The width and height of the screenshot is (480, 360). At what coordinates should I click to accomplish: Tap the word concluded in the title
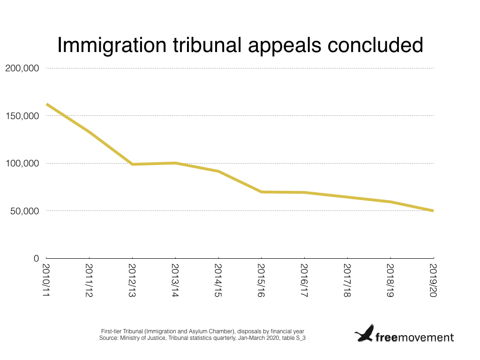[375, 45]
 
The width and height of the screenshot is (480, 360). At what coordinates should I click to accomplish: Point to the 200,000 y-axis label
[22, 68]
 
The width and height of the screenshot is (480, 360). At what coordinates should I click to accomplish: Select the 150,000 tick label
[22, 116]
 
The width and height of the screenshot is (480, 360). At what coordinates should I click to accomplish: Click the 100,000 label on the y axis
[22, 164]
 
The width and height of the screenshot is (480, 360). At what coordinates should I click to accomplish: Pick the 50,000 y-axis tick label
[24, 211]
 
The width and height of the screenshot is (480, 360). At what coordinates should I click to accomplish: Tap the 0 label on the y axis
[36, 259]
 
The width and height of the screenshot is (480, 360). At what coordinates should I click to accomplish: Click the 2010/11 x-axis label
[46, 280]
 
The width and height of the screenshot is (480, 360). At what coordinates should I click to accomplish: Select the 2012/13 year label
[132, 280]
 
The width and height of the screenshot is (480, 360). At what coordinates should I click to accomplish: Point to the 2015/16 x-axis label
[261, 280]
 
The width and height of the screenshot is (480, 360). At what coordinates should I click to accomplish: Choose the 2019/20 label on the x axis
[433, 280]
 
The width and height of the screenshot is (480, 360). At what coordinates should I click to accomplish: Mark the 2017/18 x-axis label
[347, 280]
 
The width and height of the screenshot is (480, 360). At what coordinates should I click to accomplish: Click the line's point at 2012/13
[132, 165]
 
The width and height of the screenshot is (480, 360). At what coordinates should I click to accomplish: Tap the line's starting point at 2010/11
[46, 105]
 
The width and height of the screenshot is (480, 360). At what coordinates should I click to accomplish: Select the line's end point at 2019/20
[433, 211]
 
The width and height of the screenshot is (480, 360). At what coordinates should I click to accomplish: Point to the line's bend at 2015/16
[262, 192]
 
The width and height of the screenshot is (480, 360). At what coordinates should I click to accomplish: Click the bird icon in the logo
[364, 333]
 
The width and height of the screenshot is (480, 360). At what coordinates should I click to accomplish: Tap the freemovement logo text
[414, 337]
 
